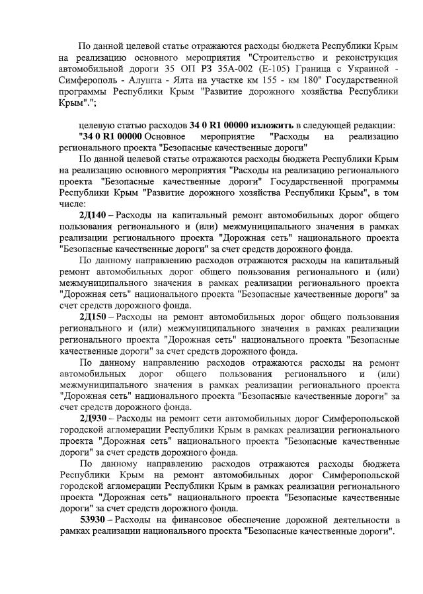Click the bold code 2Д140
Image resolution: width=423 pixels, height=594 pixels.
pyautogui.click(x=93, y=215)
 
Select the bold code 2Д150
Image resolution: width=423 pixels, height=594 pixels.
pyautogui.click(x=93, y=317)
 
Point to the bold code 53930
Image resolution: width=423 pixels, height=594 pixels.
pyautogui.click(x=93, y=520)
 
